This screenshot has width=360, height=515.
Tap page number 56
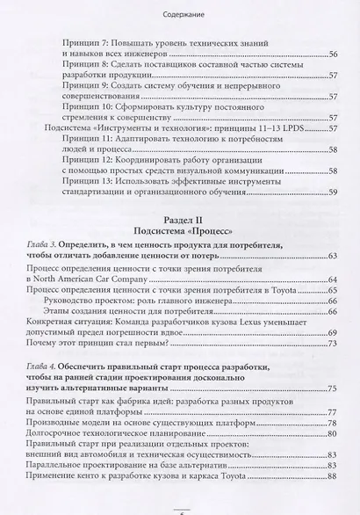[x=333, y=54]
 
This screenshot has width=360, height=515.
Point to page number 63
[x=333, y=256]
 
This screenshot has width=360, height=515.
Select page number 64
[x=333, y=279]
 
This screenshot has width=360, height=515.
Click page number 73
[x=333, y=345]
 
